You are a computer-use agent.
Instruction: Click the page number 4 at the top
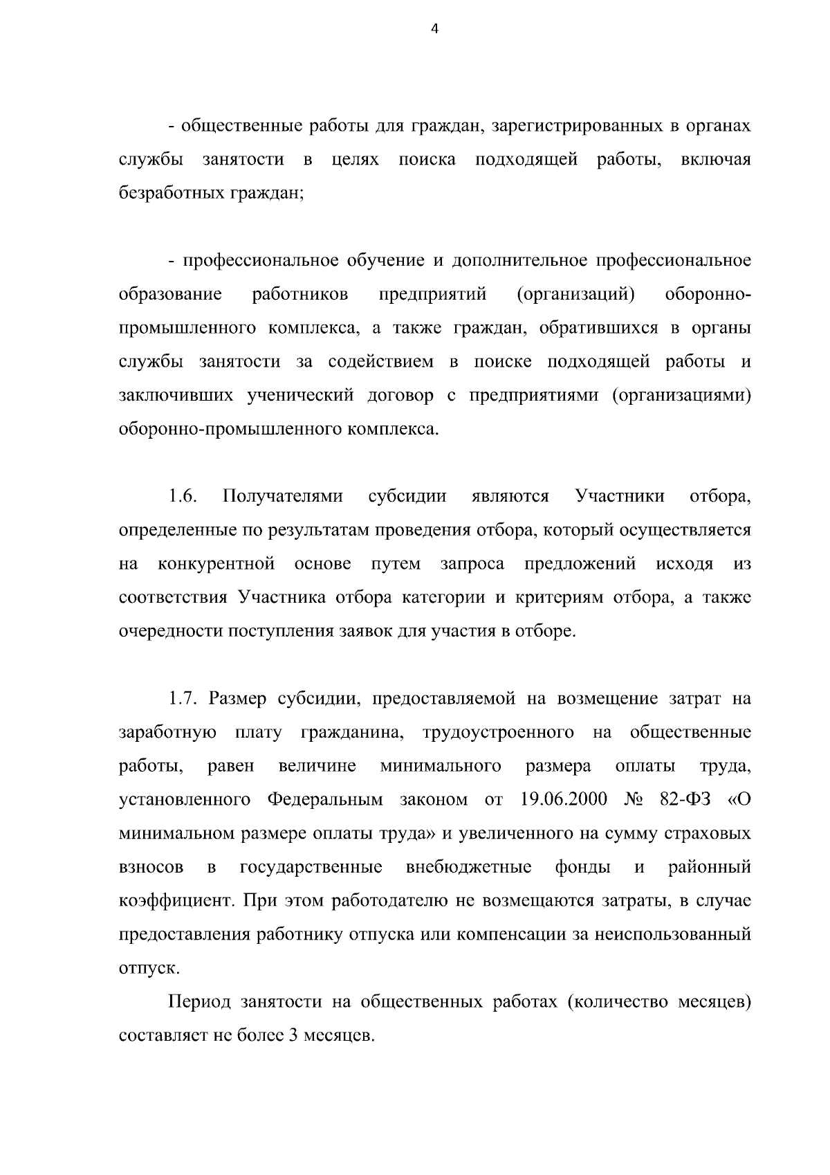(434, 29)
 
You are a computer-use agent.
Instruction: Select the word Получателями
(284, 496)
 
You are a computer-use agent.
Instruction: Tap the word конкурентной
(216, 563)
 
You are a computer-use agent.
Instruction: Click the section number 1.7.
(184, 698)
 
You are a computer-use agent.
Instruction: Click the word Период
(199, 1002)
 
